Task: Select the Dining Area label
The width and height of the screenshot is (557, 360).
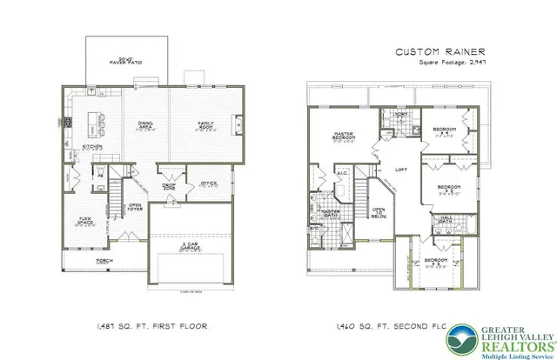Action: [x=145, y=127]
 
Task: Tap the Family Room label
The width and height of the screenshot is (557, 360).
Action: [x=205, y=127]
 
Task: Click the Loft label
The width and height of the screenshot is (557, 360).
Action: [x=401, y=170]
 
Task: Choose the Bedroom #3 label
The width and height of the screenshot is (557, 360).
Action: [x=450, y=189]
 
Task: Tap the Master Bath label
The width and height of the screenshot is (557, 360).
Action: [x=331, y=213]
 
